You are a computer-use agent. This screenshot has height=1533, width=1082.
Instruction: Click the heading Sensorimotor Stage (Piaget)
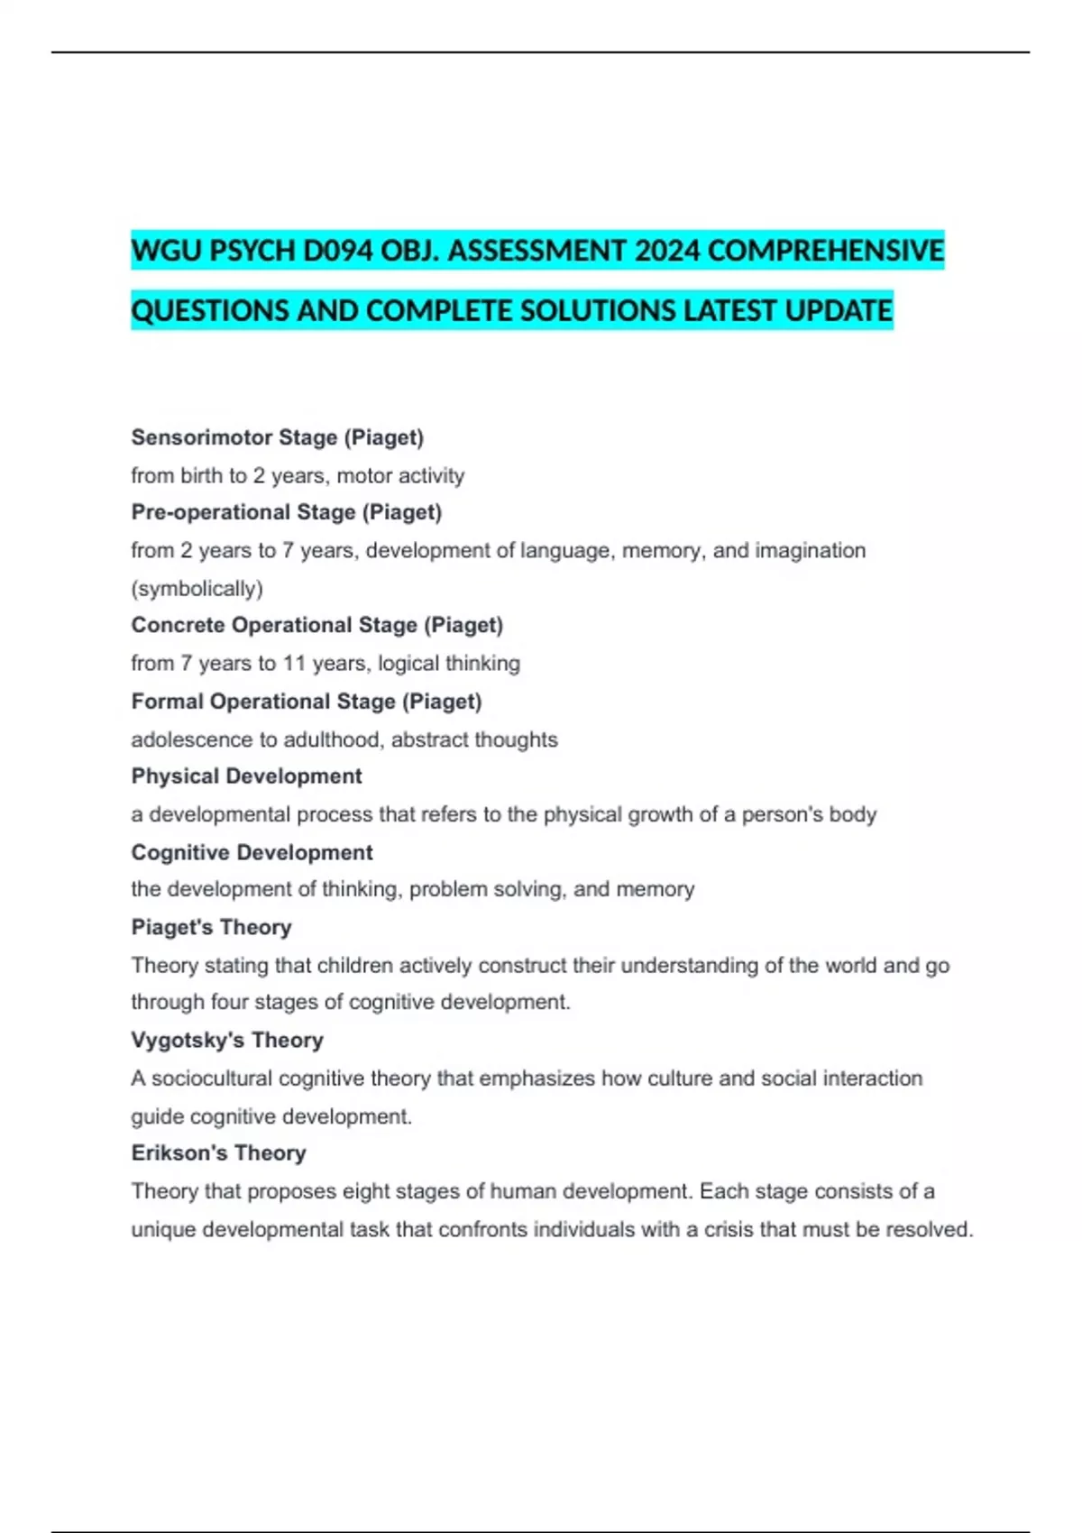pyautogui.click(x=277, y=437)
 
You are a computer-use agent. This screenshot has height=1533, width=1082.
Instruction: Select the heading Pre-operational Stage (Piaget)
pyautogui.click(x=286, y=512)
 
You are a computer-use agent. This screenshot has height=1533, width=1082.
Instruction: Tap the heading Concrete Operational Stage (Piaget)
pyautogui.click(x=316, y=625)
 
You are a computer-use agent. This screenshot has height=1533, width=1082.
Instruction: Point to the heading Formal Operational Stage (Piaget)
pyautogui.click(x=306, y=702)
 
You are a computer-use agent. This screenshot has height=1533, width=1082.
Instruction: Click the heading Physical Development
pyautogui.click(x=246, y=776)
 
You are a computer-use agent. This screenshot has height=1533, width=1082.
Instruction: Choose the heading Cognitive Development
pyautogui.click(x=252, y=852)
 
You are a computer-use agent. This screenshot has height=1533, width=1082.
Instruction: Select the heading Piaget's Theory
pyautogui.click(x=211, y=927)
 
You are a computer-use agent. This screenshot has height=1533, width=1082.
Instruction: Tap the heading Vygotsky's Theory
pyautogui.click(x=226, y=1040)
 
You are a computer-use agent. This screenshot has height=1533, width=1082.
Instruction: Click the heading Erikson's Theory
pyautogui.click(x=218, y=1152)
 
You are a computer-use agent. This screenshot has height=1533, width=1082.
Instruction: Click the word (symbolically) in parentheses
pyautogui.click(x=197, y=589)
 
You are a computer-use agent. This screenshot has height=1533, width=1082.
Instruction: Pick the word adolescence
pyautogui.click(x=191, y=739)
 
